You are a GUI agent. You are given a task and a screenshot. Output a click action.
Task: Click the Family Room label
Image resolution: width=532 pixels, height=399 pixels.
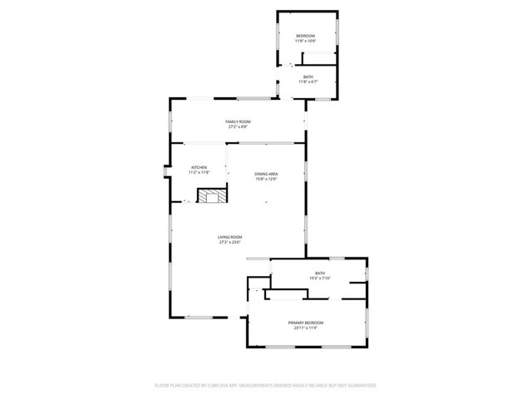pyautogui.click(x=238, y=122)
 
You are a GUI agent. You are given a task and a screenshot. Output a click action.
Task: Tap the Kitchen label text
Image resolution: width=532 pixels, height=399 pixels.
pyautogui.click(x=199, y=167)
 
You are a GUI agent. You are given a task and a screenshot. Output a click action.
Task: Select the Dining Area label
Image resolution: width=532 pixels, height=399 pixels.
pyautogui.click(x=266, y=174)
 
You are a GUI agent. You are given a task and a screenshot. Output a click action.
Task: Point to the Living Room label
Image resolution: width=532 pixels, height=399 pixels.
pyautogui.click(x=229, y=237)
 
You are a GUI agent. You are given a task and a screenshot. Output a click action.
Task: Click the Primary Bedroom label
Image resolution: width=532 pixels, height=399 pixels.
pyautogui.click(x=306, y=323)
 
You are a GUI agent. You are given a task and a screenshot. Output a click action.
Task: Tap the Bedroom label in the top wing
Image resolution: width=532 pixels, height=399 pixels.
pyautogui.click(x=306, y=36)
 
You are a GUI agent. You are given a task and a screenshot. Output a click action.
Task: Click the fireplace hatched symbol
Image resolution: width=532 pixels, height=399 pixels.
pyautogui.click(x=209, y=195)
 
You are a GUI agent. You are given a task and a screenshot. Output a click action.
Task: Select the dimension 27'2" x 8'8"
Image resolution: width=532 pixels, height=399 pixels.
pyautogui.click(x=238, y=127)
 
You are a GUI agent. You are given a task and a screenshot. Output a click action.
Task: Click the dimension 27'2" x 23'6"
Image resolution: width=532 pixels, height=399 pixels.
pyautogui.click(x=229, y=243)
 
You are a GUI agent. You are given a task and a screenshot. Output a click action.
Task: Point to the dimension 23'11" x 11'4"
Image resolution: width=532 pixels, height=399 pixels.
pyautogui.click(x=306, y=328)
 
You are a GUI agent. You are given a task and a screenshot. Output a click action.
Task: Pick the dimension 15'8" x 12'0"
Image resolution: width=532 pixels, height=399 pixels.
pyautogui.click(x=266, y=179)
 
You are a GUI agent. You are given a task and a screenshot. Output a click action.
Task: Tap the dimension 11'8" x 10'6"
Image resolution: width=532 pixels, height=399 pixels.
pyautogui.click(x=306, y=41)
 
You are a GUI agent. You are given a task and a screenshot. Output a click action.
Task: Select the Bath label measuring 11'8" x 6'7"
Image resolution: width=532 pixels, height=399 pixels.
pyautogui.click(x=308, y=76)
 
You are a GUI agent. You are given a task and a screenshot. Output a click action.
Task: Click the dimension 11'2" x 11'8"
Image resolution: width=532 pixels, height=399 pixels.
pyautogui.click(x=199, y=172)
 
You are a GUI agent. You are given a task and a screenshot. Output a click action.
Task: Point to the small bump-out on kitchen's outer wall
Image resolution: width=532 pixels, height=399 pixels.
pyautogui.click(x=166, y=173)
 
